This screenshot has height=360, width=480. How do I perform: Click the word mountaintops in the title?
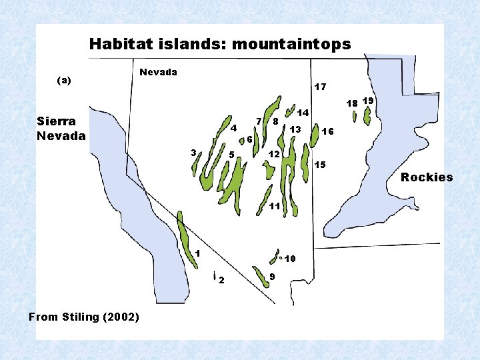coord(291,45)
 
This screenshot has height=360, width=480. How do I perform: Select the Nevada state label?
coord(158,72)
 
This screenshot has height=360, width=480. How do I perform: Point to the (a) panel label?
coord(64,80)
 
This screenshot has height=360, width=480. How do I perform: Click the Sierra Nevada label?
coord(61,129)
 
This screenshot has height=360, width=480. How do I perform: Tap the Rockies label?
coord(427,177)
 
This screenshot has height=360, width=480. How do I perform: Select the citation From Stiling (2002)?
coord(84,317)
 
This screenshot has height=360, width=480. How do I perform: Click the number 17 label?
coord(320,87)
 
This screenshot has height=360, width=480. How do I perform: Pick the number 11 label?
coord(274,206)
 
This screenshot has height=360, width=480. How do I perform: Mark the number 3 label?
coord(193,153)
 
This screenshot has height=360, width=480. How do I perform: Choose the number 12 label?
coord(273,155)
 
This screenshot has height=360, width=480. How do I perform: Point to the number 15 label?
coord(320,164)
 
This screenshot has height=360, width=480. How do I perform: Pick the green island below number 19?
coord(367,115)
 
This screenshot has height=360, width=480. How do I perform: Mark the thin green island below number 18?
coord(355,117)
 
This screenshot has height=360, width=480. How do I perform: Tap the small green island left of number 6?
coord(239,141)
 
